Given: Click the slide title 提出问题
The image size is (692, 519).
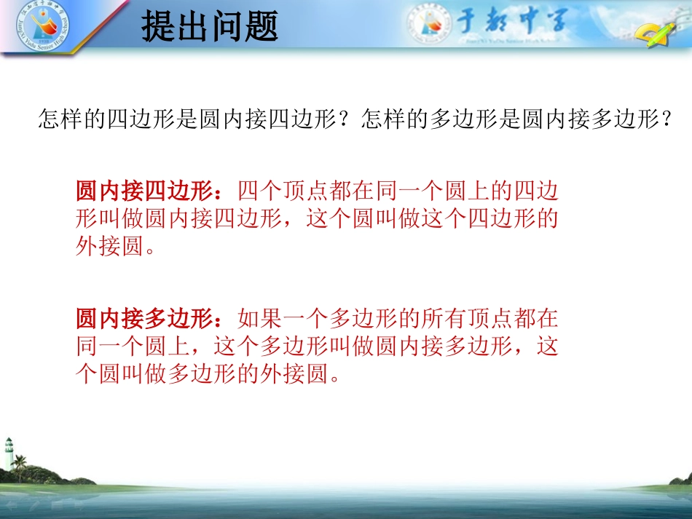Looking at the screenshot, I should tap(209, 28).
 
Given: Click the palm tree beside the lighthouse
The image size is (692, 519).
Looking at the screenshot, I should tap(20, 465).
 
